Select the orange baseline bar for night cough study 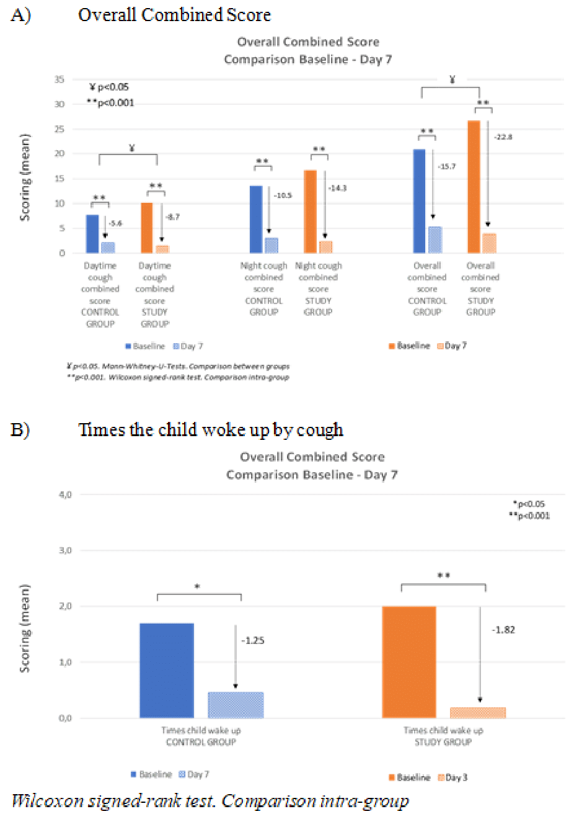click(310, 212)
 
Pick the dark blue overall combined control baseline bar click(419, 201)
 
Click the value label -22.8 click(504, 137)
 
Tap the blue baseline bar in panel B click(167, 671)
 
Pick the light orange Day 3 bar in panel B click(479, 713)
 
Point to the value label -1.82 click(503, 630)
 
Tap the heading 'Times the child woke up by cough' click(211, 430)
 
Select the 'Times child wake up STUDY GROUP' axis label click(444, 736)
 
